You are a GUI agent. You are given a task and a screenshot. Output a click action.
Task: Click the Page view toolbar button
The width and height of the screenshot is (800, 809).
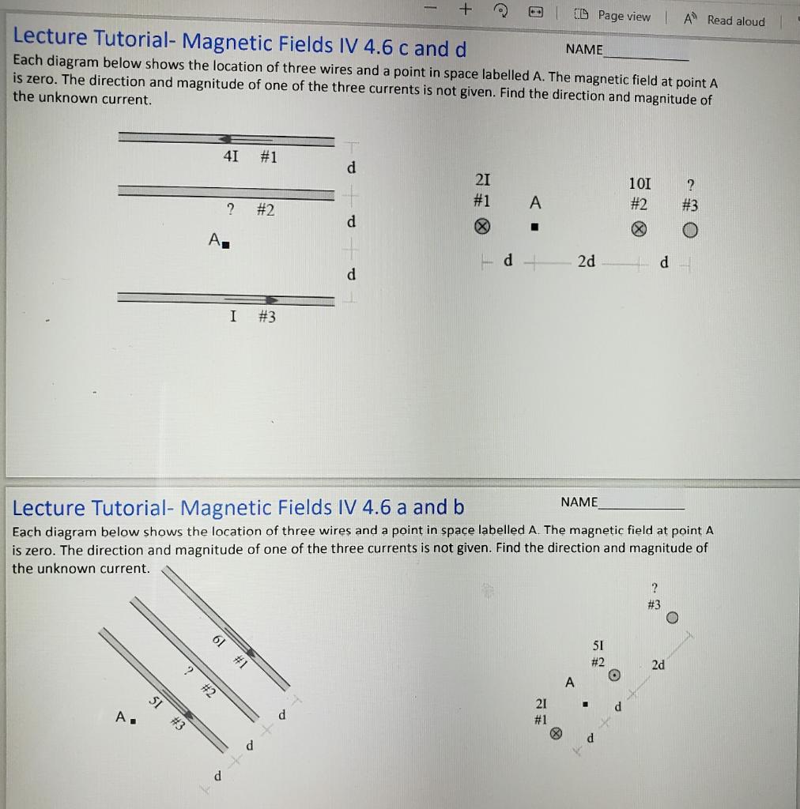[616, 16]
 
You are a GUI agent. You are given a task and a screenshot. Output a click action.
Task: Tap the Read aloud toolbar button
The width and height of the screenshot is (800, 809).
[725, 20]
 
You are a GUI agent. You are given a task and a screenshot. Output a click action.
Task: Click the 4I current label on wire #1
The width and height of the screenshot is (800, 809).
[230, 156]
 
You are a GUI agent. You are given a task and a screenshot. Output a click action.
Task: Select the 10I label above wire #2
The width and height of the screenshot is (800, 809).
[640, 183]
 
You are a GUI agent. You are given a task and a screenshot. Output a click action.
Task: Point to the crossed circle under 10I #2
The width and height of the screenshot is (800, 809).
[640, 230]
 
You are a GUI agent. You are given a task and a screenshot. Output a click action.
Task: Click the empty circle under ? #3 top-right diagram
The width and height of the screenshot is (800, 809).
[690, 230]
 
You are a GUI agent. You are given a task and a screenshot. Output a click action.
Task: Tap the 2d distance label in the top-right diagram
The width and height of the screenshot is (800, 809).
[586, 262]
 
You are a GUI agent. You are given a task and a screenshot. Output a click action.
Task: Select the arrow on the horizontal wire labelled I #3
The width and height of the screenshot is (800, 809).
[270, 299]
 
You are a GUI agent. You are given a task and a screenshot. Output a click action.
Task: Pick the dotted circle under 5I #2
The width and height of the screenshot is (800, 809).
[613, 675]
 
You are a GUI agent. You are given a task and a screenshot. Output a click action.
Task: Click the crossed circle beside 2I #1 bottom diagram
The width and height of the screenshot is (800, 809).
[556, 732]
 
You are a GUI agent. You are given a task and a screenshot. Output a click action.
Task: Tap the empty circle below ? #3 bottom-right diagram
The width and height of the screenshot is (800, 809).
[672, 618]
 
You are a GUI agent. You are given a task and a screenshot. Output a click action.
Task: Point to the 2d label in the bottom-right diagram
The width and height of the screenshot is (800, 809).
[658, 665]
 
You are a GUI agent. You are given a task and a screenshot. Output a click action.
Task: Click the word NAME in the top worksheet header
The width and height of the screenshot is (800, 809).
[583, 49]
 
